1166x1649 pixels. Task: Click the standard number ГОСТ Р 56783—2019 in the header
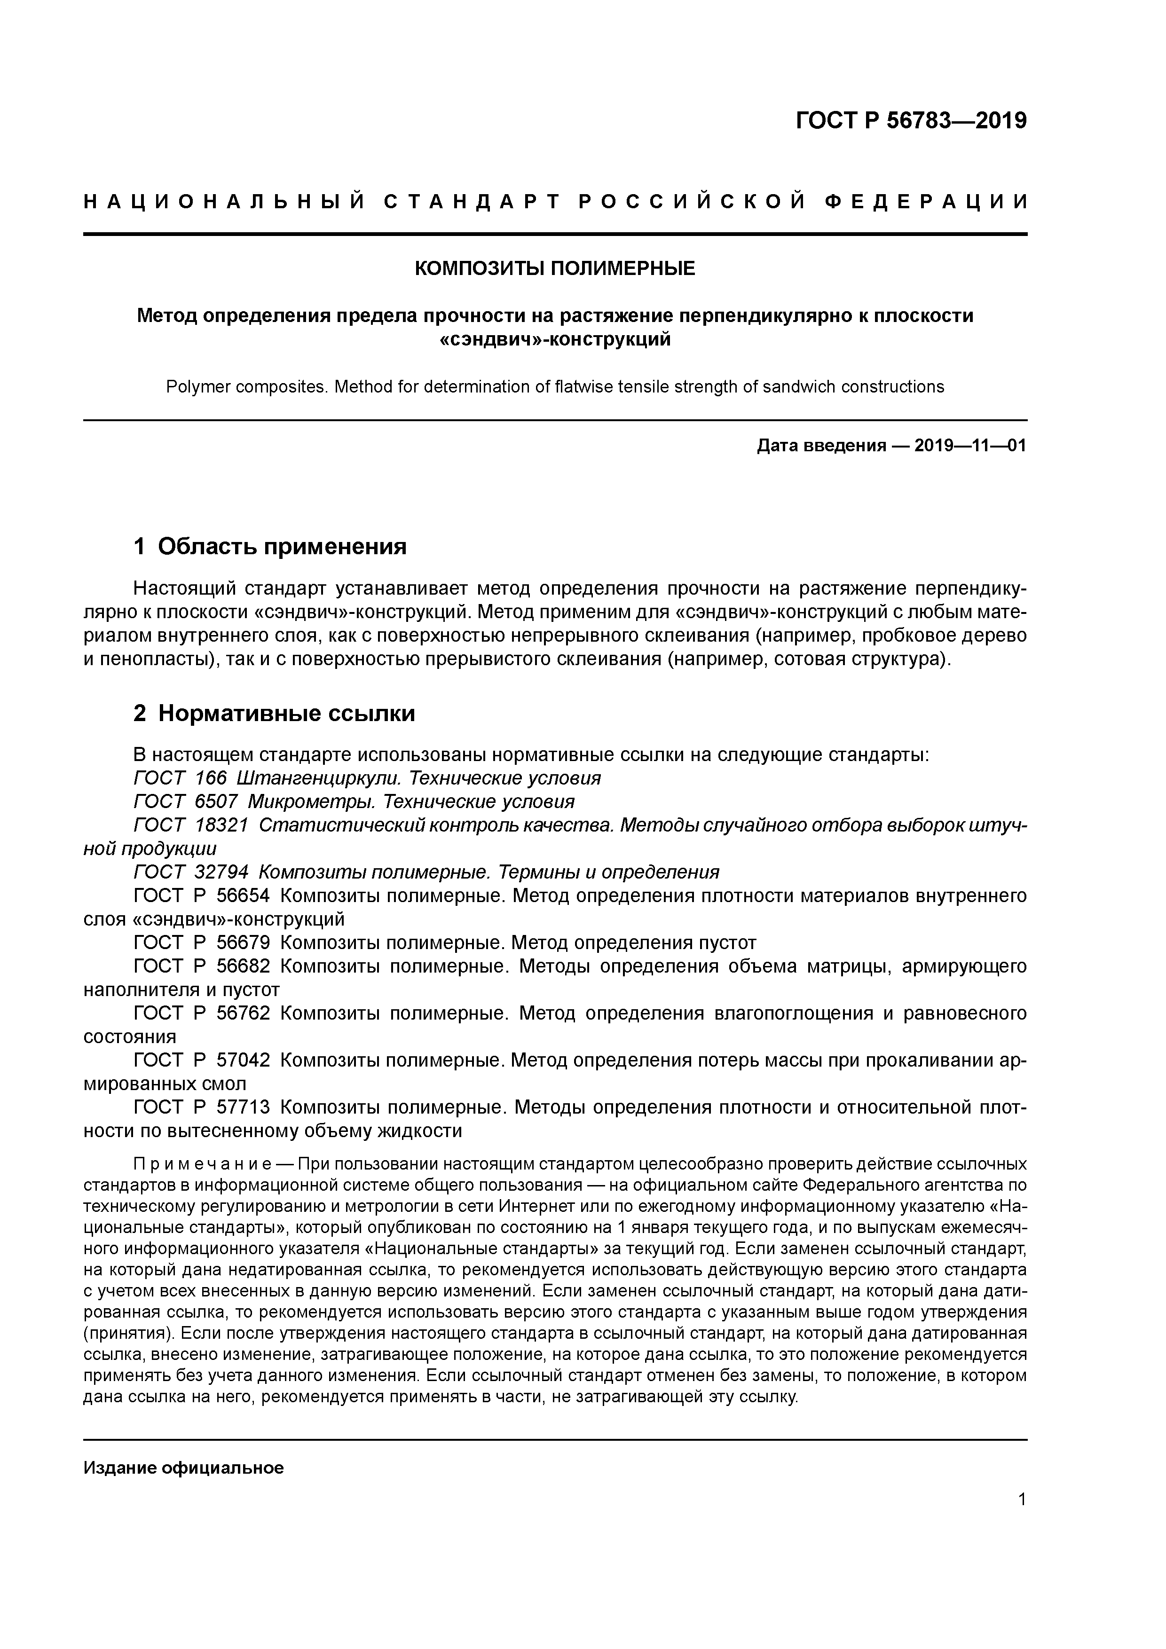(x=911, y=121)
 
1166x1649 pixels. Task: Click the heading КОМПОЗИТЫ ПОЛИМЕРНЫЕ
(x=555, y=268)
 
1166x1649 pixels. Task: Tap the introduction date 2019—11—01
(x=970, y=446)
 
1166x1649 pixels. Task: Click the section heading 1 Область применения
(x=270, y=547)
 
